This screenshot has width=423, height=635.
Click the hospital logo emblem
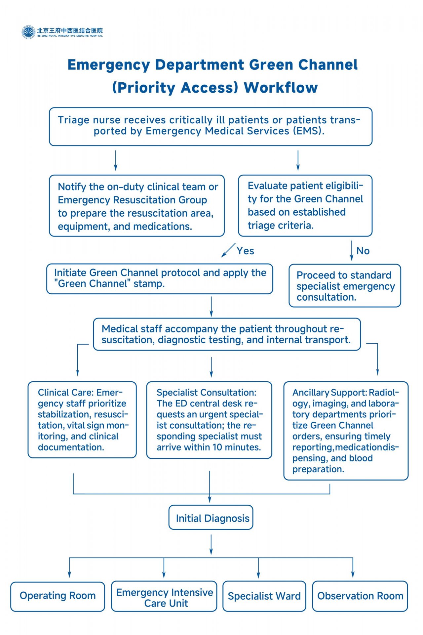[28, 32]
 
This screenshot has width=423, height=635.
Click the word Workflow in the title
[281, 88]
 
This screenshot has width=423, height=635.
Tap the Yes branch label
[245, 251]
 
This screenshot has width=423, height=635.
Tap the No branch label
[363, 251]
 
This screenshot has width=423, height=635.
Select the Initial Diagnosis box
[211, 517]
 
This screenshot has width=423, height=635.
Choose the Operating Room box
[58, 596]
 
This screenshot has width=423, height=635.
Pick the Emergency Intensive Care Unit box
[164, 596]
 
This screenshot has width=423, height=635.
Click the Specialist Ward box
[264, 596]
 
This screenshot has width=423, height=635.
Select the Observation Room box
[360, 596]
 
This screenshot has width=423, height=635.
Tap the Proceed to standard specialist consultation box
[345, 286]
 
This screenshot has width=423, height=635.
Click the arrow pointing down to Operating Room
[69, 568]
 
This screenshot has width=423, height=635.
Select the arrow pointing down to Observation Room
[353, 568]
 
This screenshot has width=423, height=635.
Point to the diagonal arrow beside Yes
[228, 250]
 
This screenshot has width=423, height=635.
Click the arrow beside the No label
[352, 251]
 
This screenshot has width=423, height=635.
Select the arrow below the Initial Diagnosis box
[211, 545]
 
